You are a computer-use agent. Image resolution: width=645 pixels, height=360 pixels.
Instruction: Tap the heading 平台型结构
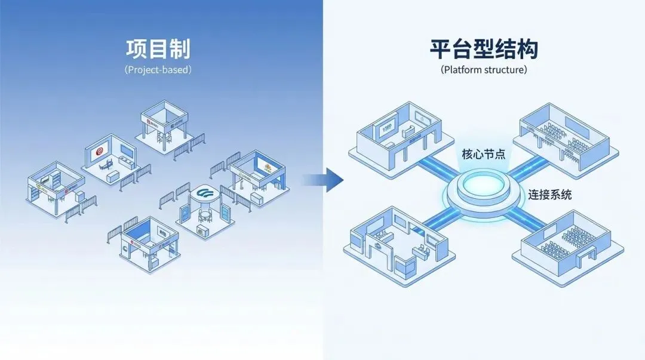tap(484, 49)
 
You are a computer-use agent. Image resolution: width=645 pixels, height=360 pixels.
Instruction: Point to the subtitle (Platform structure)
tap(484, 70)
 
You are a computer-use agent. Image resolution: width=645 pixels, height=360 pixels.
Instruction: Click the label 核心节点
tap(484, 154)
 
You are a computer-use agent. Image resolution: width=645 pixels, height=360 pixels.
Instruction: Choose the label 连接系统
tap(549, 195)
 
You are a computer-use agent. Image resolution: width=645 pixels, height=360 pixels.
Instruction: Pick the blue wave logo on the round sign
tap(205, 193)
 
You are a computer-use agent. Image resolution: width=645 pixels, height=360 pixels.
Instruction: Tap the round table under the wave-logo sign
tap(205, 214)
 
